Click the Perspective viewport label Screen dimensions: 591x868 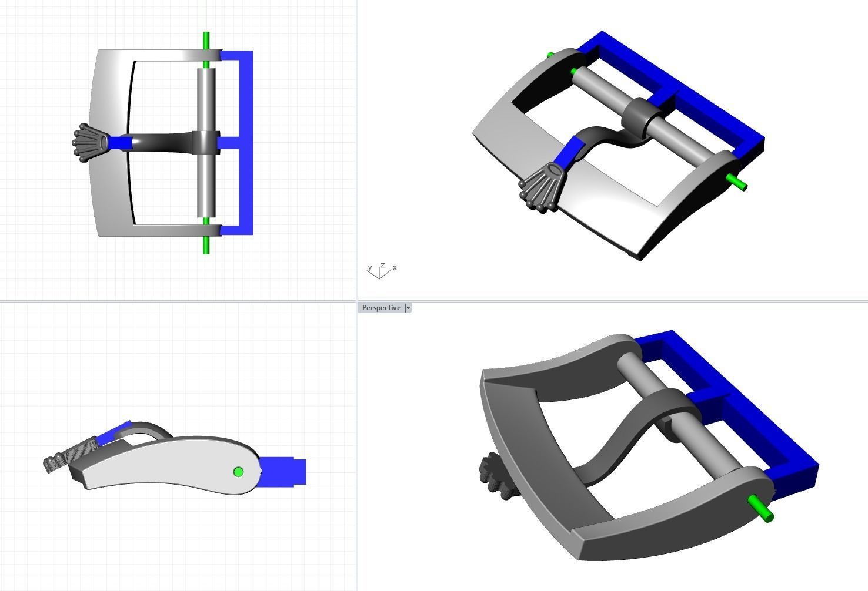(x=381, y=308)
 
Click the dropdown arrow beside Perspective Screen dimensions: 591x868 (x=408, y=308)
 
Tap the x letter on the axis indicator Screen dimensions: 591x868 (x=395, y=268)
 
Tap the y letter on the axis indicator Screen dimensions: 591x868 (x=370, y=268)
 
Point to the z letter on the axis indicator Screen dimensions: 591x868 (x=382, y=265)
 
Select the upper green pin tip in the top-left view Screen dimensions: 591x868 (x=206, y=40)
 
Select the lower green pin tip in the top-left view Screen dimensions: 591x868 (x=206, y=245)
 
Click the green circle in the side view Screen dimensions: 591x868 (x=238, y=472)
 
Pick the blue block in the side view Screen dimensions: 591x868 (x=283, y=471)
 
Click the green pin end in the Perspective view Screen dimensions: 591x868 (x=761, y=509)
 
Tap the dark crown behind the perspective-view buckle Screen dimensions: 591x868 (x=493, y=476)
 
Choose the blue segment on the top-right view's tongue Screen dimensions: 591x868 (x=567, y=154)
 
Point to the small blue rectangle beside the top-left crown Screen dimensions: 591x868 (x=121, y=143)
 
